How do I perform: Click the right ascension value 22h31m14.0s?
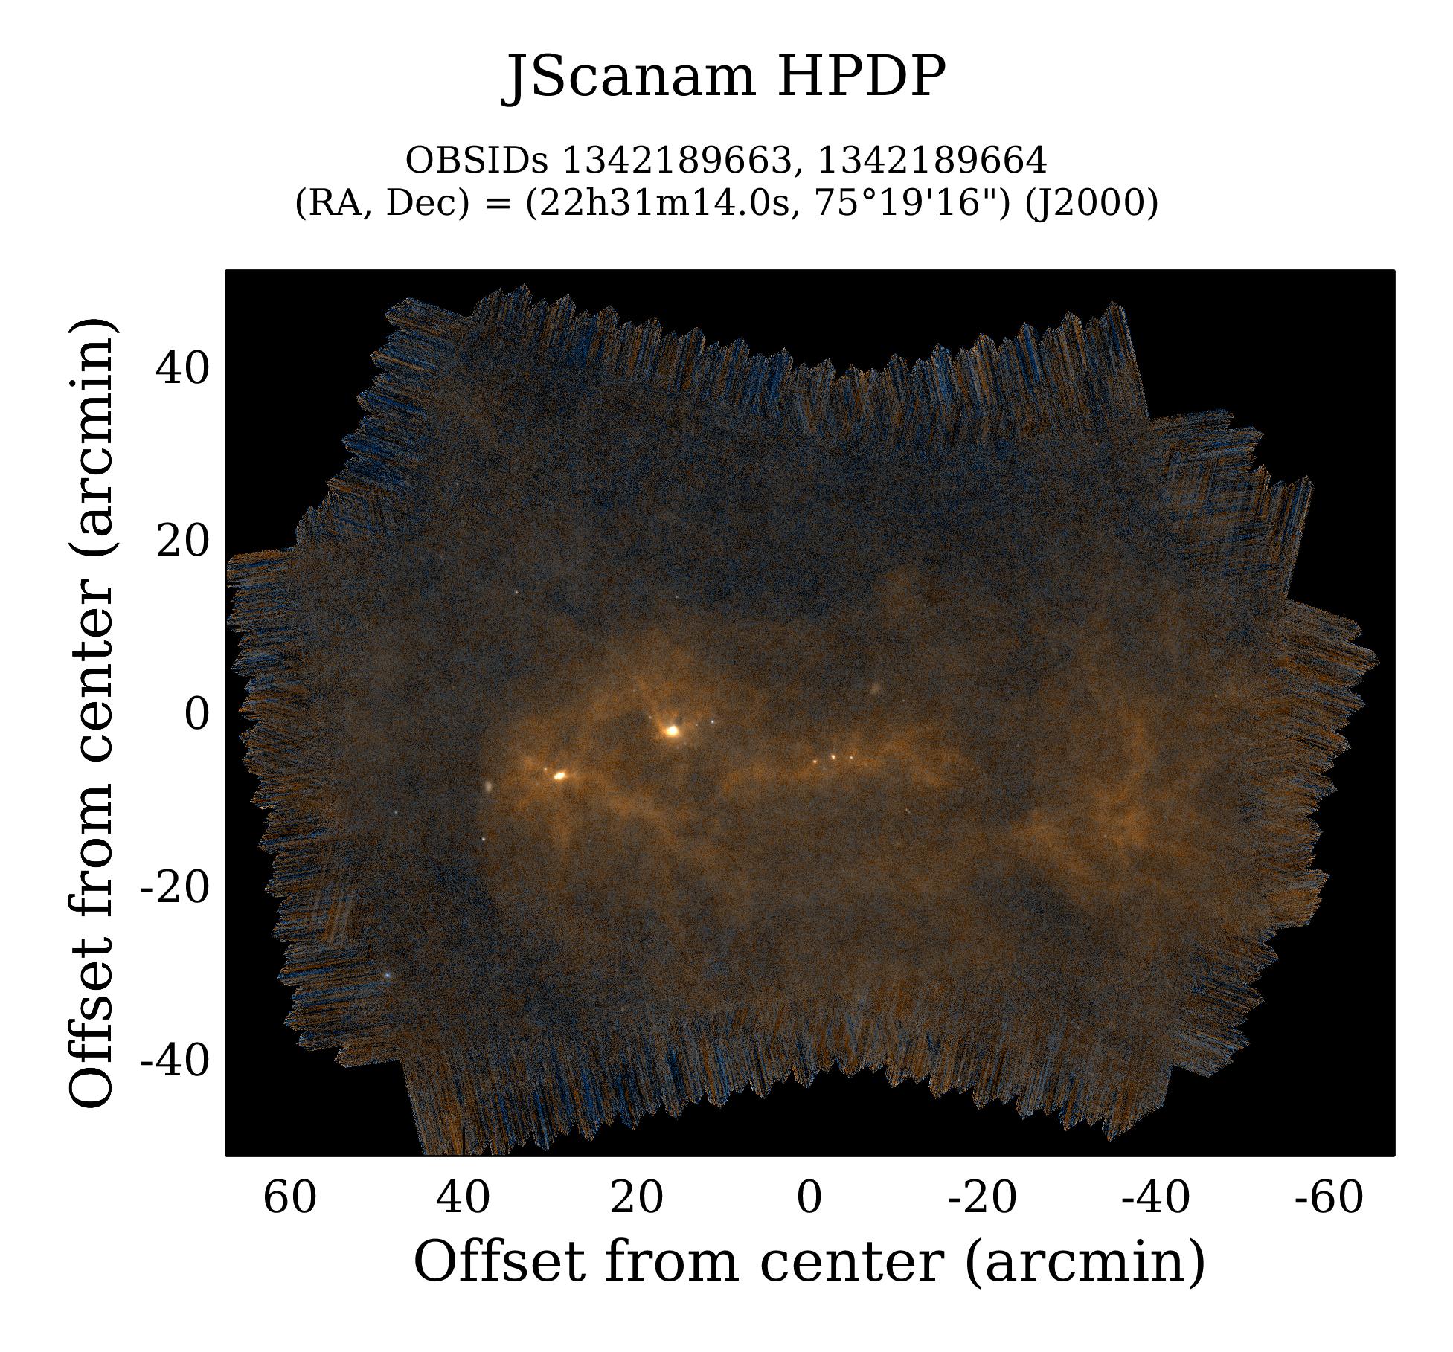[662, 202]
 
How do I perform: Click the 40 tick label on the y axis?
[182, 368]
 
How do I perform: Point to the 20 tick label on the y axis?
[182, 541]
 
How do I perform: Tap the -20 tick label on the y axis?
[175, 887]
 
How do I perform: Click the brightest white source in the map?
[673, 731]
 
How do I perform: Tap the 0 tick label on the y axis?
[197, 715]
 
